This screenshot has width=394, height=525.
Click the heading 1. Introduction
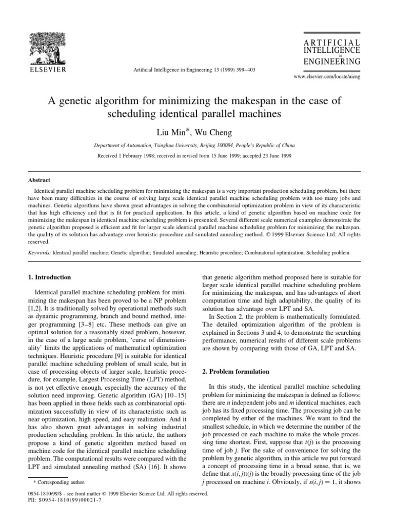coord(50,277)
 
